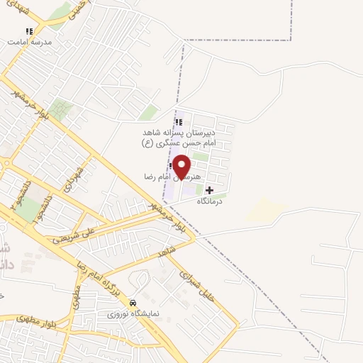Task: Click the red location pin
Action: point(182,166)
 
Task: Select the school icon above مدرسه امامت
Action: point(29,31)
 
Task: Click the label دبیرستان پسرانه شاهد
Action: point(186,131)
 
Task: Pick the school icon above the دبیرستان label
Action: point(179,122)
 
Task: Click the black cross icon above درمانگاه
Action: point(209,190)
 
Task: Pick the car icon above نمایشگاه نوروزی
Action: point(133,302)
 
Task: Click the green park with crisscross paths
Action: point(61,109)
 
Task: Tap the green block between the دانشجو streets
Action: point(27,211)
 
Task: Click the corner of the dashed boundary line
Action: point(291,40)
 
